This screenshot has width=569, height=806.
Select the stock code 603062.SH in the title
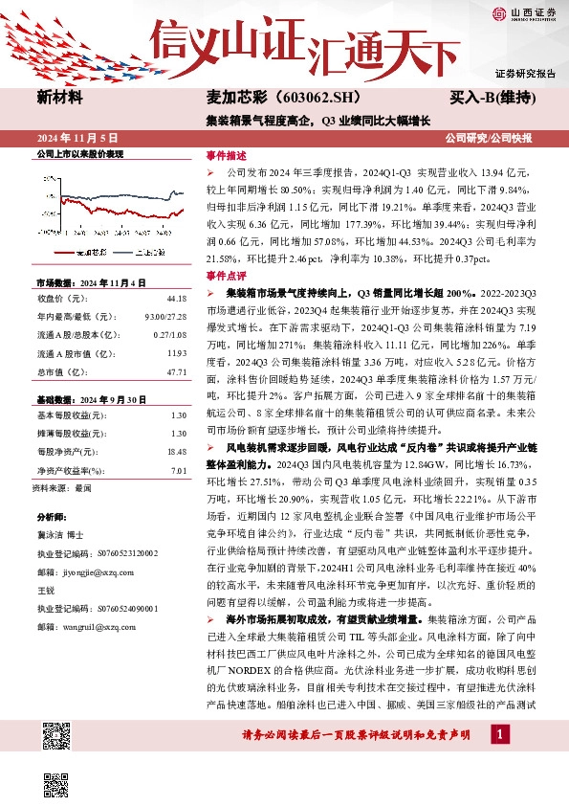[309, 98]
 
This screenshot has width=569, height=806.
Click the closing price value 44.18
[176, 299]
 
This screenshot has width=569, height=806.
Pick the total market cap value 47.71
[176, 371]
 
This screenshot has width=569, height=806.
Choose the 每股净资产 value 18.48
[176, 450]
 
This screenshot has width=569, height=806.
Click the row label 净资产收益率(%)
[69, 471]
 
